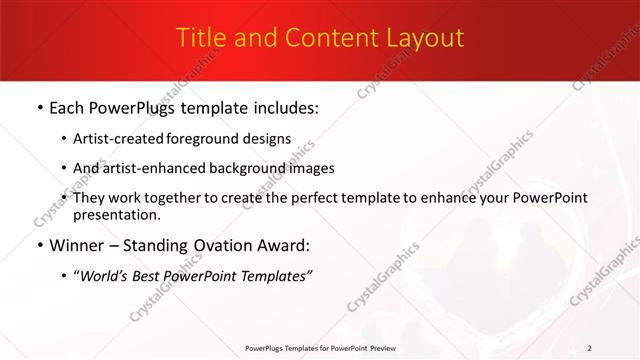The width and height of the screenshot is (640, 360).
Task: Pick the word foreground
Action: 209,139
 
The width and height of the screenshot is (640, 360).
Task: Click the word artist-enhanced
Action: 162,168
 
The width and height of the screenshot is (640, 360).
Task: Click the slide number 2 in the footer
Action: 590,347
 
